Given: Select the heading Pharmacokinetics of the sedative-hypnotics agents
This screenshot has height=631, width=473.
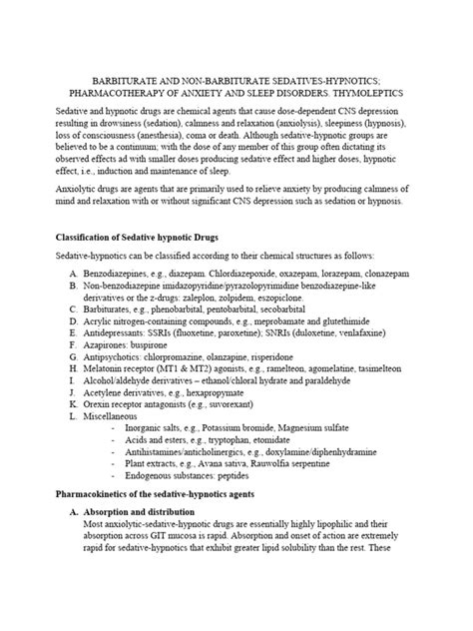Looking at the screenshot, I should pyautogui.click(x=170, y=494).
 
